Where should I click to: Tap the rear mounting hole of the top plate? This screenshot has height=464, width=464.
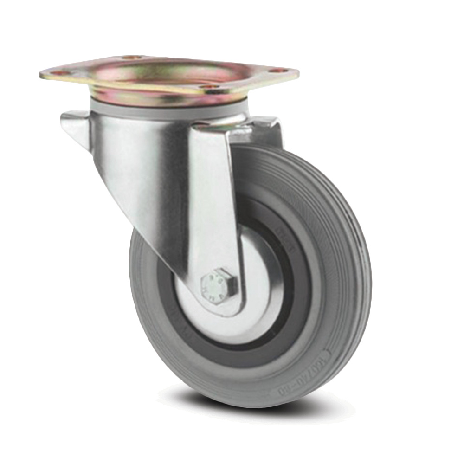tap(131, 58)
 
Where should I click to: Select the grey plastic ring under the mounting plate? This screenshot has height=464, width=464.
tap(167, 112)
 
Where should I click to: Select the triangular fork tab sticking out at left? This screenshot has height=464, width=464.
tap(77, 128)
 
